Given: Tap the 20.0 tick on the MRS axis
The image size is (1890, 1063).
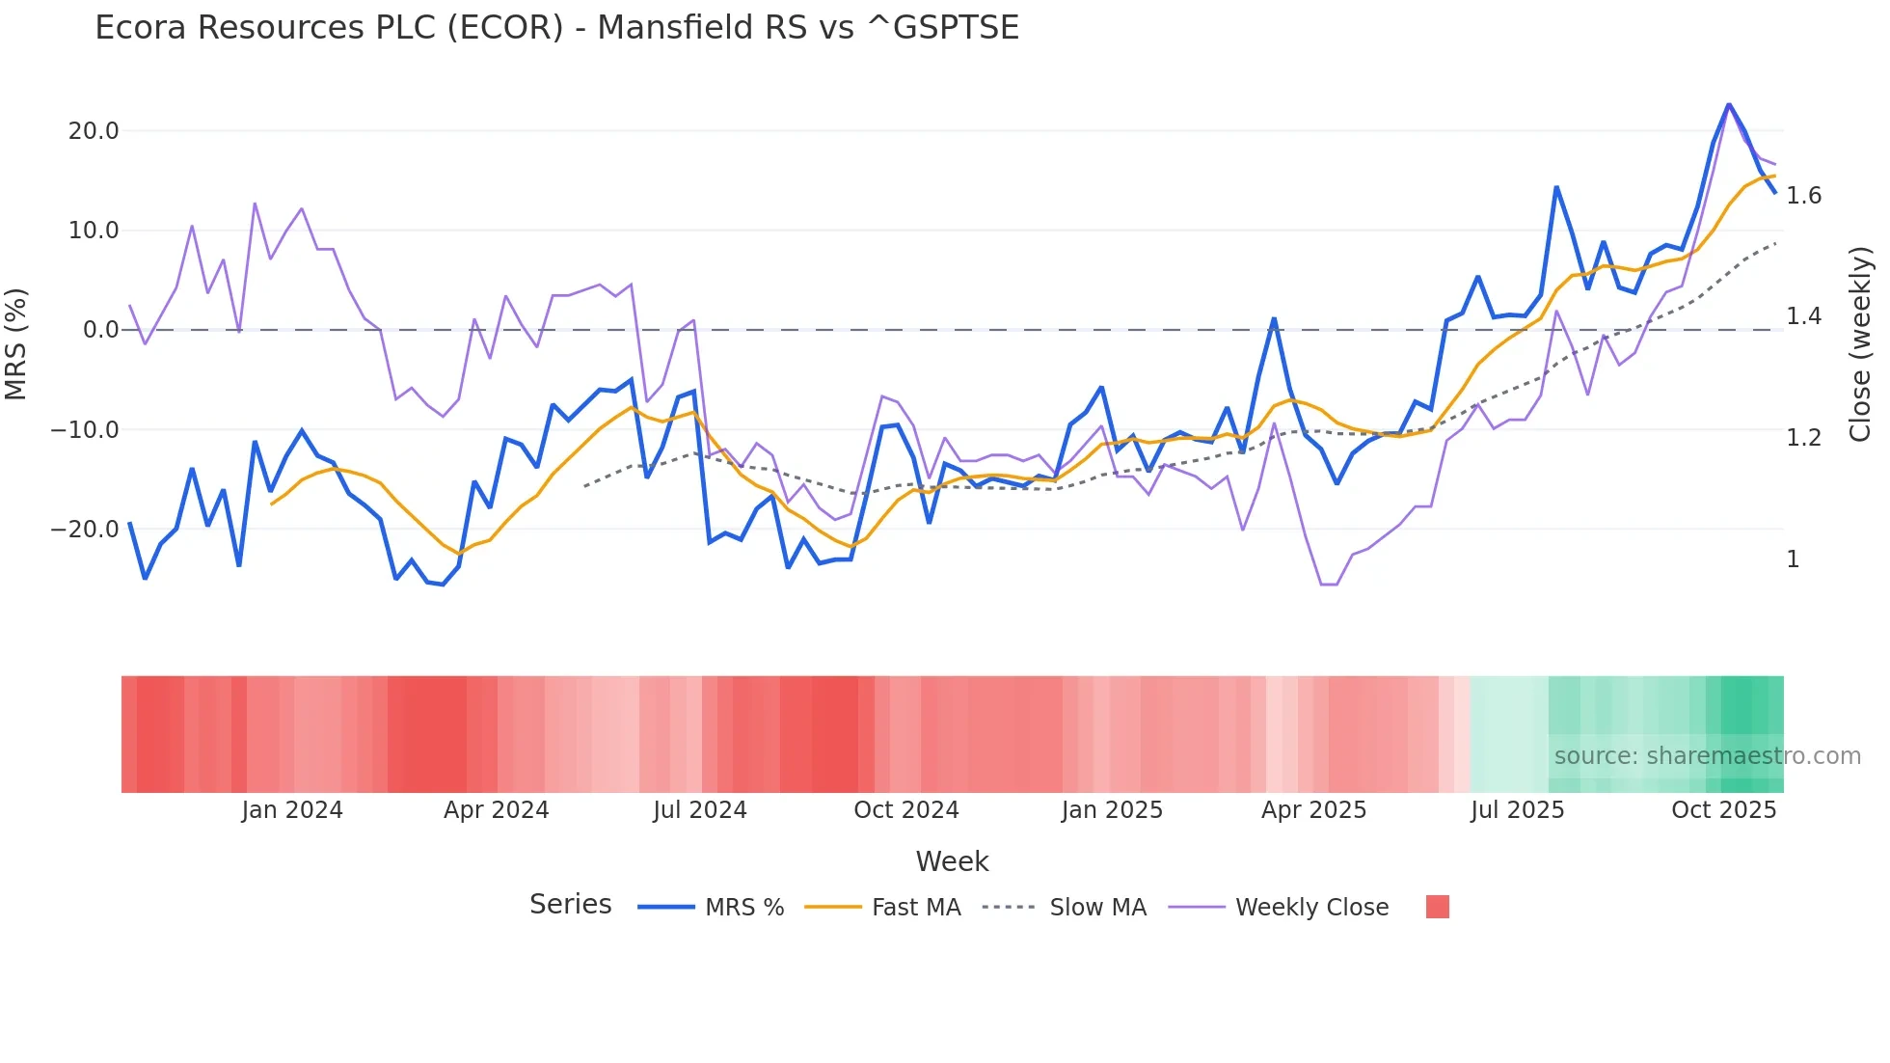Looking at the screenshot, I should click(94, 131).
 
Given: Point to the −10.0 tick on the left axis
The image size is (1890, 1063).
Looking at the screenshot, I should click(85, 430).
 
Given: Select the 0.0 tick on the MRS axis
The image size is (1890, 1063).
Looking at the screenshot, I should click(101, 330).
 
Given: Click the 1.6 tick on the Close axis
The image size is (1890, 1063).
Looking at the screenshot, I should click(1804, 196).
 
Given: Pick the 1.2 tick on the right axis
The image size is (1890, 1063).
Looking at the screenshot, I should click(1804, 438).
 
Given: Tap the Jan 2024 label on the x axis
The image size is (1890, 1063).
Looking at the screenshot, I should click(292, 810).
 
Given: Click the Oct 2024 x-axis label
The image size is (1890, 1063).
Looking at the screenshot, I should click(906, 810).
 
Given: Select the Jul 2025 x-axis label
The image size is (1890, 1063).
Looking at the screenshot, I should click(1518, 810).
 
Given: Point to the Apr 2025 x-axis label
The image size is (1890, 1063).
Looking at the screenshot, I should click(1314, 810).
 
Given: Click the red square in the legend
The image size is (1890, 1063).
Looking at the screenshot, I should click(1438, 907).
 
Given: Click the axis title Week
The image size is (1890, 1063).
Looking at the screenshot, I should click(952, 861).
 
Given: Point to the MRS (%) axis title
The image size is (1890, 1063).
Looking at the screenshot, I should click(15, 343).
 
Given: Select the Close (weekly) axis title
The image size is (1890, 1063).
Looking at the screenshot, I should click(1860, 343).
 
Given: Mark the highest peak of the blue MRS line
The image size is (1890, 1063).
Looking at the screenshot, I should click(1729, 104).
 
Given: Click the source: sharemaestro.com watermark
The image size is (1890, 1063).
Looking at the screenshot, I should click(1707, 756).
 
